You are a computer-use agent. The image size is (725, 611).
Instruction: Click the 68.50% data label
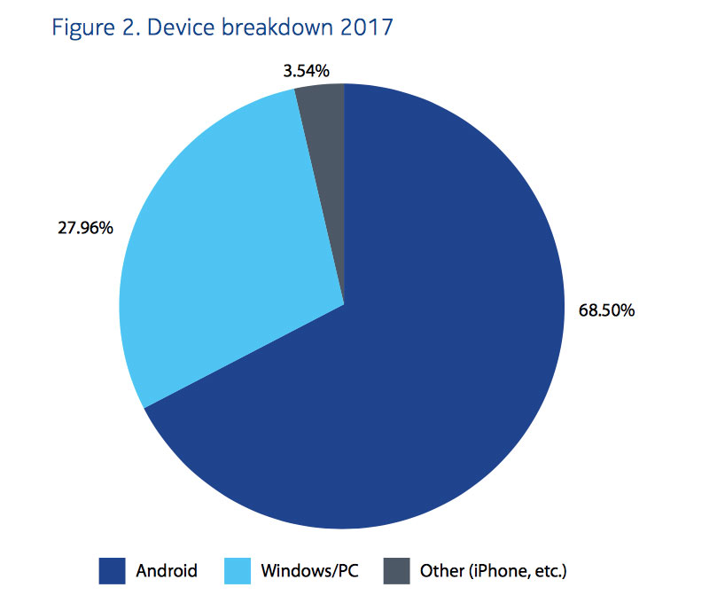point(606,311)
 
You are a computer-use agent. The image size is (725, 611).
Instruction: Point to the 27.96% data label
point(84,228)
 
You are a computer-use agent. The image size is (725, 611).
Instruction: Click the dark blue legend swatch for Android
point(112,570)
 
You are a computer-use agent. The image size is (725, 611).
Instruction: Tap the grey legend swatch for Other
point(396,570)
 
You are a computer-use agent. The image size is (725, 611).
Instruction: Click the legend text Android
point(167,570)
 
